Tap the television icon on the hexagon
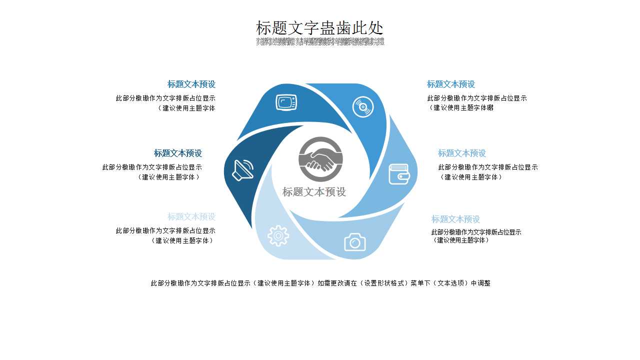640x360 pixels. click(x=286, y=102)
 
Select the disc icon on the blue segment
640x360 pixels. click(x=363, y=107)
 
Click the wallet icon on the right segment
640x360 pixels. click(x=399, y=174)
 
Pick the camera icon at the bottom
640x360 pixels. click(x=354, y=242)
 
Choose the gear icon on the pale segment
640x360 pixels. click(x=278, y=235)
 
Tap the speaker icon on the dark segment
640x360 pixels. click(x=243, y=170)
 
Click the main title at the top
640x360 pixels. click(x=319, y=28)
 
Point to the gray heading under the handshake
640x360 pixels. click(x=314, y=192)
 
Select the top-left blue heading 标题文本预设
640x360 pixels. click(x=191, y=84)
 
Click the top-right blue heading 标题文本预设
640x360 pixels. click(x=450, y=84)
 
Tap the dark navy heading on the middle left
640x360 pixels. click(x=177, y=153)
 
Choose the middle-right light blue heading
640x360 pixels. click(x=462, y=153)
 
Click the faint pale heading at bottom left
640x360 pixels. click(x=191, y=217)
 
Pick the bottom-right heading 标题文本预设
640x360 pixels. click(x=455, y=219)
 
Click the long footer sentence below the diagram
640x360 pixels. click(x=320, y=283)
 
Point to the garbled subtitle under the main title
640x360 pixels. click(x=320, y=41)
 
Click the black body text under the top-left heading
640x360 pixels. click(x=166, y=103)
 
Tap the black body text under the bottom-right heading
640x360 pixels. click(x=476, y=236)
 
